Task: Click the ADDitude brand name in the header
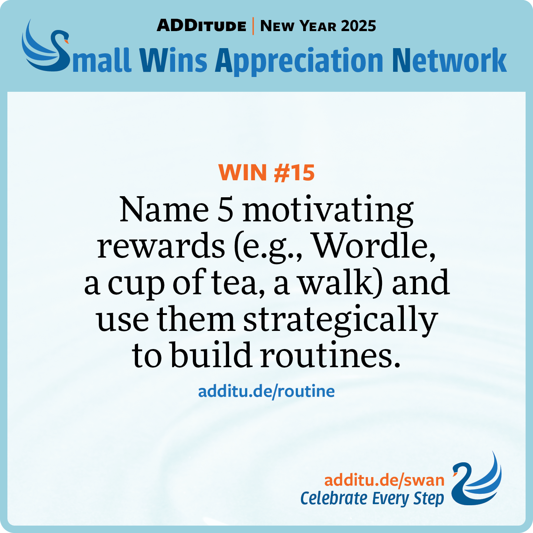201,26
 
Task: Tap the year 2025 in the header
358,26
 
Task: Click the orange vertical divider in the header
253,26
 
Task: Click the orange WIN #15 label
266,172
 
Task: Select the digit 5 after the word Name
225,209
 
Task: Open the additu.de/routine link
266,391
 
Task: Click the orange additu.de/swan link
384,480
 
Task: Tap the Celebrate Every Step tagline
372,499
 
